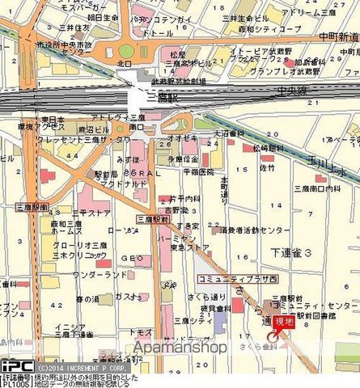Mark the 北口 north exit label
click(123, 62)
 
